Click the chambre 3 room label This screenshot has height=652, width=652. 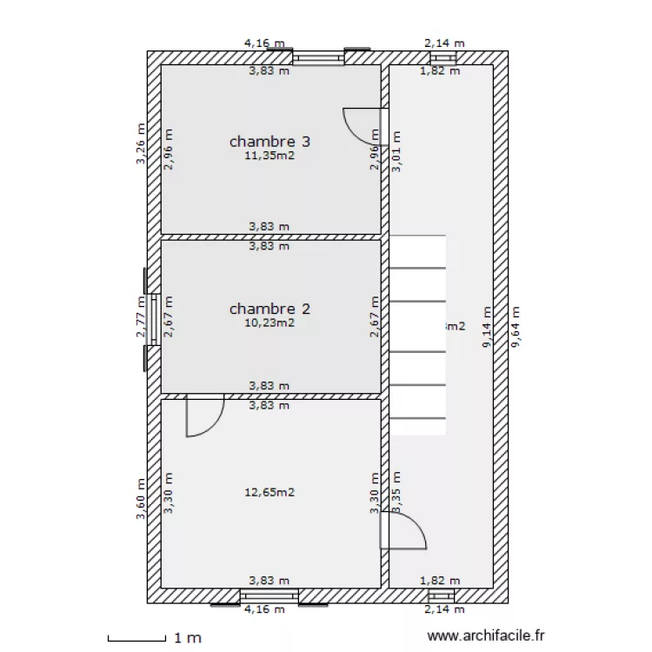(269, 142)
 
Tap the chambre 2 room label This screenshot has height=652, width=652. (269, 309)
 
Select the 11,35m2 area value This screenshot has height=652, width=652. (269, 157)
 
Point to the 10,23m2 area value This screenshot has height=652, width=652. (269, 323)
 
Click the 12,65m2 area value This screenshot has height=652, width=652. (269, 492)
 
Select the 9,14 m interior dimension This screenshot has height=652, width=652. (488, 328)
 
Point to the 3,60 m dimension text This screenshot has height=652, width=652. (141, 500)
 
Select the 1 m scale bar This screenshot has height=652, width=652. (136, 639)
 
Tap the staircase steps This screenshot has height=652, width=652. (416, 335)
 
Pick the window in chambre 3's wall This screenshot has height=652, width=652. (318, 58)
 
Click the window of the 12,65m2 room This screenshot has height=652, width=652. (269, 595)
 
